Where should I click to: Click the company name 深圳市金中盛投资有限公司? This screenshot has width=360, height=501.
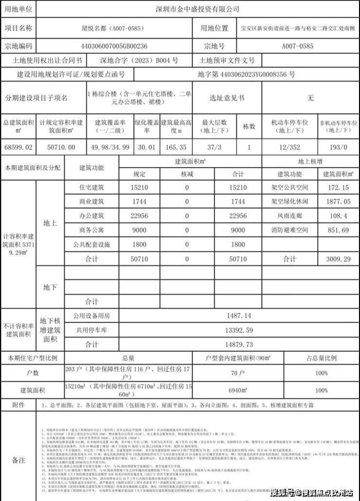coord(198,9)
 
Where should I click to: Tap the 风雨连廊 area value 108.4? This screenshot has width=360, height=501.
coord(338,215)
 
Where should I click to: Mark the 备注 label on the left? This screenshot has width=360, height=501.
coord(18,460)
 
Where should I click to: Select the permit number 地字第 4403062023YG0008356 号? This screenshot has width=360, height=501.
coord(246,74)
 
